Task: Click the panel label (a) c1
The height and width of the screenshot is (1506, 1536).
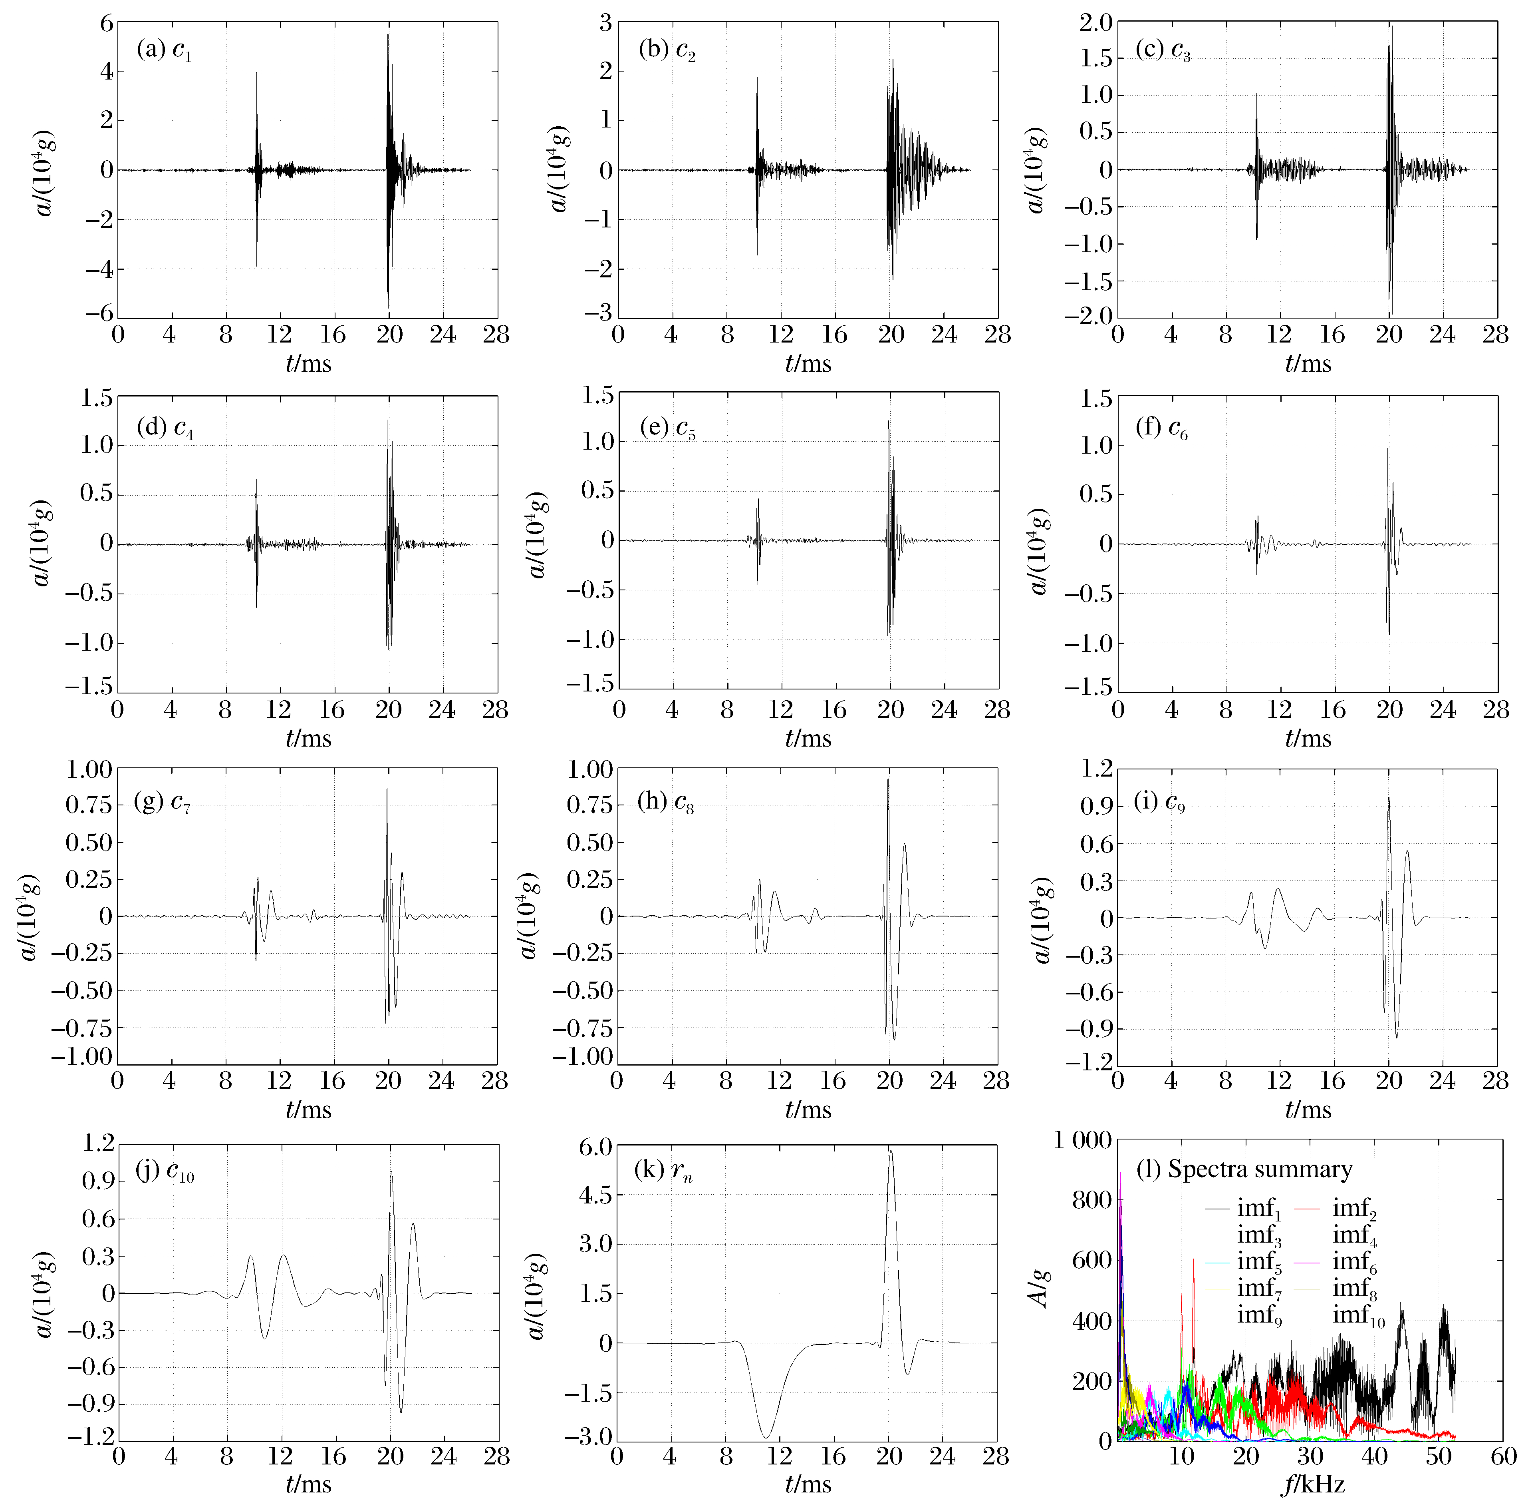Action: pyautogui.click(x=165, y=51)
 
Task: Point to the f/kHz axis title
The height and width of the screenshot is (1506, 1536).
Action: pyautogui.click(x=1312, y=1485)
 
